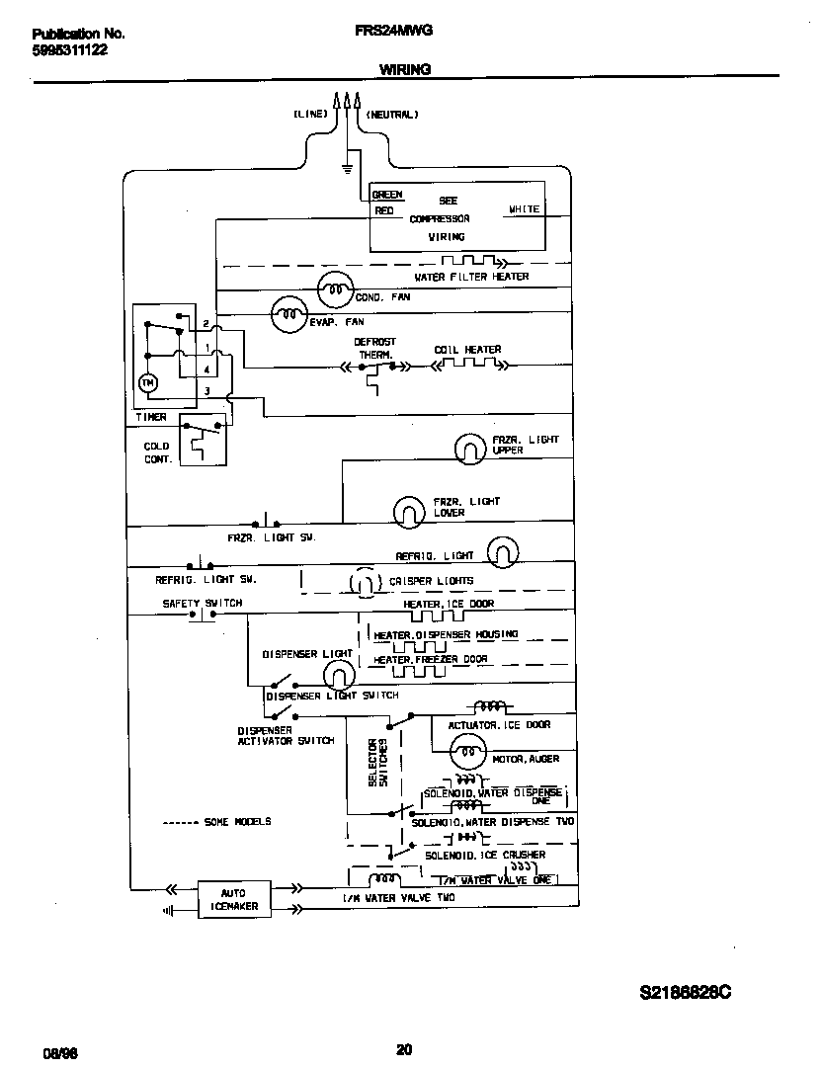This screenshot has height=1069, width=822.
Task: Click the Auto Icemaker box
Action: point(234,898)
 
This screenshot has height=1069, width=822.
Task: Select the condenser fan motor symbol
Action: point(335,288)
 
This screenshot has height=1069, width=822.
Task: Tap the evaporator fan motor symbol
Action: point(288,314)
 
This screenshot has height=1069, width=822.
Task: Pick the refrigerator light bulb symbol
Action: point(503,551)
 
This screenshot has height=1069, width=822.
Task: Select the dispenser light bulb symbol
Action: point(339,675)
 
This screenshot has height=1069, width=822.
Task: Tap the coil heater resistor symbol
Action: point(466,366)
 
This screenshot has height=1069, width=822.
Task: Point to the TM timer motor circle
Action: point(149,381)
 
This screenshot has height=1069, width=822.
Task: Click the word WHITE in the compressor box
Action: point(524,209)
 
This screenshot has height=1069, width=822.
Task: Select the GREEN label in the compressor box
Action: point(387,196)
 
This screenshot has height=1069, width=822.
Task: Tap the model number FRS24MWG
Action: point(392,31)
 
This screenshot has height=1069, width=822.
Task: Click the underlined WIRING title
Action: point(404,69)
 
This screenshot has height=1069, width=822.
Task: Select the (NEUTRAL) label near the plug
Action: point(392,115)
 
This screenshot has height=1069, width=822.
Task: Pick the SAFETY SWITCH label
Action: point(202,603)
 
